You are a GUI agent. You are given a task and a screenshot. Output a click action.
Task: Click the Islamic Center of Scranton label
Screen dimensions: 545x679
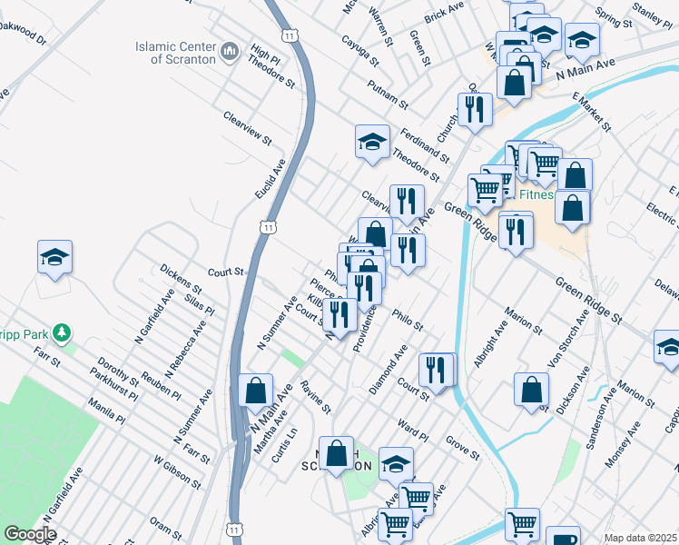pos(175,53)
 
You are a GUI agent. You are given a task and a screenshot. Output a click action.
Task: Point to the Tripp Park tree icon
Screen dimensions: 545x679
pos(62,332)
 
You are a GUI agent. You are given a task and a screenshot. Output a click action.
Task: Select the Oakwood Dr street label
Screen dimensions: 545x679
pos(23,35)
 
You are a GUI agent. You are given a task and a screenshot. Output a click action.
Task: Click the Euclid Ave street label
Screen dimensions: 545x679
pos(271,179)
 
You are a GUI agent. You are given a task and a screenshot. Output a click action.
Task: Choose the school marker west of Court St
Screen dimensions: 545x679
pos(54,257)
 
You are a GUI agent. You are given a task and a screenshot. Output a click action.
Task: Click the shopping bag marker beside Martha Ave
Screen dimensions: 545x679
pos(256,391)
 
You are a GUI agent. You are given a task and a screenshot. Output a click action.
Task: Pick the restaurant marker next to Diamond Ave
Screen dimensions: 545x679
pos(437,369)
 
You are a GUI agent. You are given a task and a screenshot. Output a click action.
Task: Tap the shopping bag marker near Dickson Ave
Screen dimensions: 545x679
pos(531,388)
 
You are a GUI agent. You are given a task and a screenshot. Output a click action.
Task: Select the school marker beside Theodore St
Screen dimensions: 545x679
pos(372,142)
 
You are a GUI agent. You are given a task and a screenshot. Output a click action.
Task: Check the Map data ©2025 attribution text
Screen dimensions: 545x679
pos(640,538)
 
